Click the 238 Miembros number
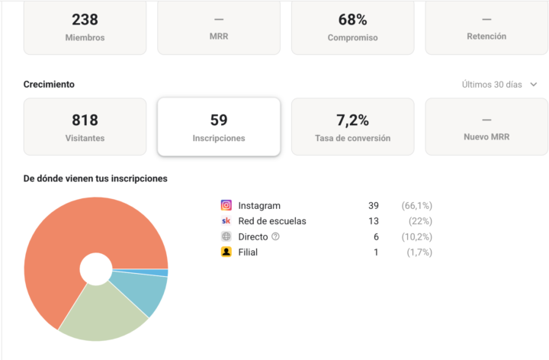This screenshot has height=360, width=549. coord(85,19)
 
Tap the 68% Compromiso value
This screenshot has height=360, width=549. coord(352,19)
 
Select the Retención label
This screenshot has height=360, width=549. coord(486,37)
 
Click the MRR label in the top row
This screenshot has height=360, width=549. coord(218,37)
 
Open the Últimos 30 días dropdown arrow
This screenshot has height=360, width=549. coord(534,85)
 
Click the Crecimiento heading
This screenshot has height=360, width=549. coord(49,85)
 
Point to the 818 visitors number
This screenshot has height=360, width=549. coord(85,120)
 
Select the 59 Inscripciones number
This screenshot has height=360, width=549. coord(218,120)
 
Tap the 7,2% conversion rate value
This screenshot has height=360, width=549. coord(352,120)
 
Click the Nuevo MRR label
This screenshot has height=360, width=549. coord(486,138)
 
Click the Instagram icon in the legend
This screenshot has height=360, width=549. coord(226,205)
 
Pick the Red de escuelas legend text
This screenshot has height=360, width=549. coord(272,221)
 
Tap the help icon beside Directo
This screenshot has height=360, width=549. coord(276,236)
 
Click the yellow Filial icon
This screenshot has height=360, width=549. coord(226,252)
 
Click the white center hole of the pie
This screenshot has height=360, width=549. coord(95,268)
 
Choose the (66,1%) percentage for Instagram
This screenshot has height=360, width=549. coord(417,206)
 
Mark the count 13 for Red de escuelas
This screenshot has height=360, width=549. coord(374,221)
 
